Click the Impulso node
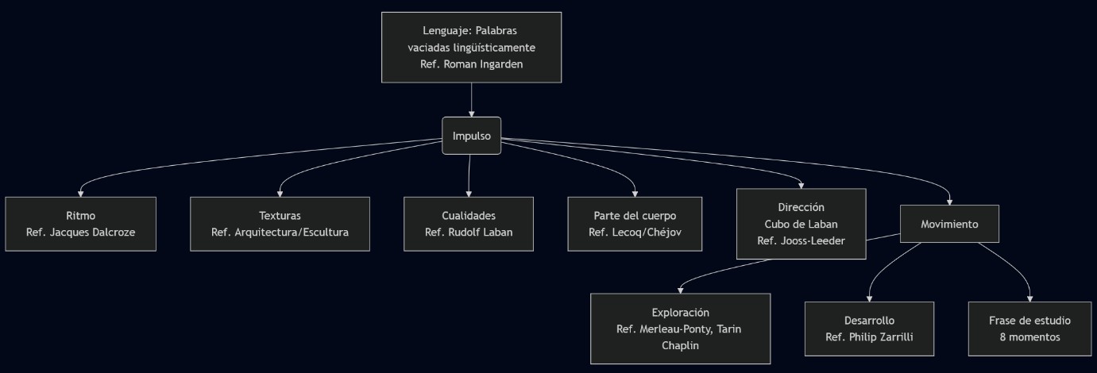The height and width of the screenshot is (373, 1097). (x=471, y=136)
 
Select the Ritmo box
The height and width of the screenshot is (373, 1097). (x=80, y=224)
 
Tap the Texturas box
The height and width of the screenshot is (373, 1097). (x=280, y=224)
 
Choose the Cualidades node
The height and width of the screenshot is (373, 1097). (x=469, y=224)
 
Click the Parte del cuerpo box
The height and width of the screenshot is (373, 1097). (x=635, y=224)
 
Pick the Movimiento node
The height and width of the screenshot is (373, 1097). (x=949, y=224)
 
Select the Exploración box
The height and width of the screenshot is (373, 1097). (x=680, y=329)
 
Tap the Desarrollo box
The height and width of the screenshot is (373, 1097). (x=869, y=329)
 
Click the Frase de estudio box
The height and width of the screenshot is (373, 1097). (x=1029, y=329)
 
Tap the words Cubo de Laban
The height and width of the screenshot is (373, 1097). (x=801, y=223)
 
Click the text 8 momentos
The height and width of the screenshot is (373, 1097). (x=1029, y=336)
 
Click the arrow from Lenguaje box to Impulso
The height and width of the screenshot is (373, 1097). (x=471, y=99)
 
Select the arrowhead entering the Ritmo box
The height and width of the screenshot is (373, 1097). (x=80, y=193)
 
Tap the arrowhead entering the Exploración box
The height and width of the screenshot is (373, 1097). (x=680, y=290)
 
